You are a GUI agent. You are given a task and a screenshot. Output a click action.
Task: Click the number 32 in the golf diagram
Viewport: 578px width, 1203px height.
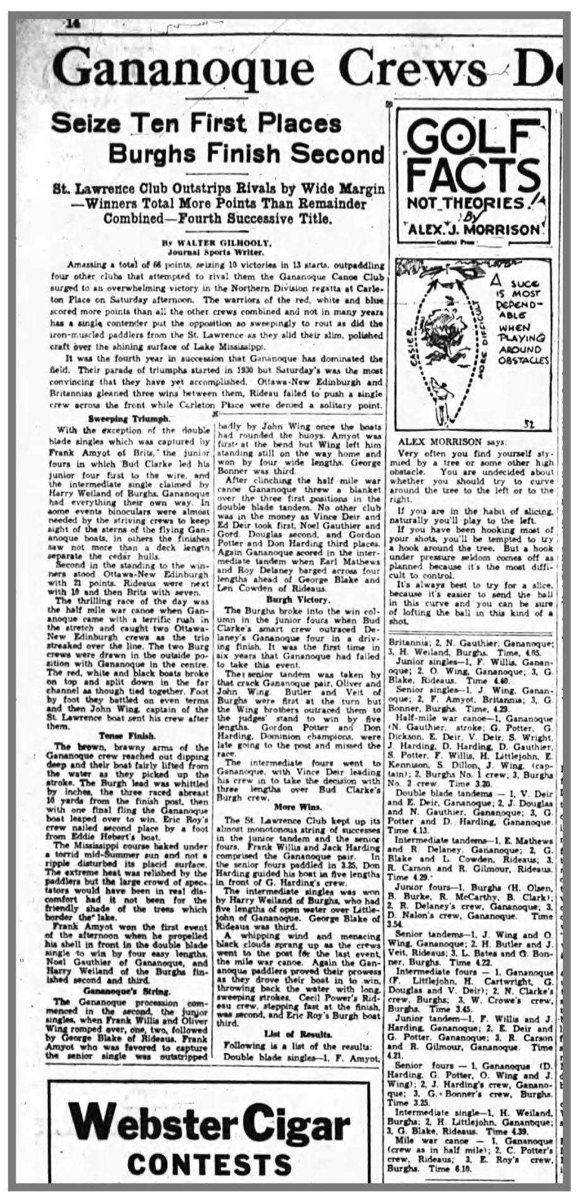click(x=529, y=424)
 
